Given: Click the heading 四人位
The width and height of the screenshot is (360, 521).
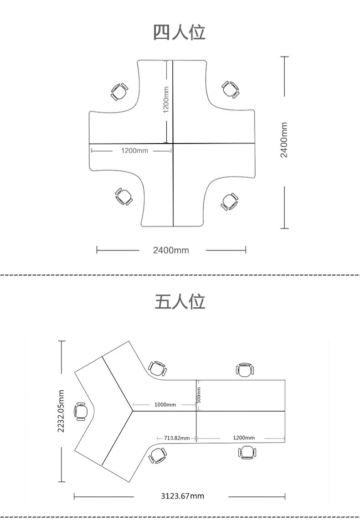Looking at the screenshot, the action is pyautogui.click(x=180, y=32).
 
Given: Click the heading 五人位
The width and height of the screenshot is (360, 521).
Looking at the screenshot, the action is pyautogui.click(x=180, y=302).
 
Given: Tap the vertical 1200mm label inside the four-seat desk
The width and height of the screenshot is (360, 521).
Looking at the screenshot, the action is pyautogui.click(x=166, y=100).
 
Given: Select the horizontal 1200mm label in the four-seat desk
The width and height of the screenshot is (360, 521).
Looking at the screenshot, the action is pyautogui.click(x=134, y=150).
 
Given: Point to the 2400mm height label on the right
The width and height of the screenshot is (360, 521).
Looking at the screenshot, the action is pyautogui.click(x=284, y=140).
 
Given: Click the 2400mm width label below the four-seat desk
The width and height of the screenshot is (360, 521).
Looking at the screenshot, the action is pyautogui.click(x=171, y=250).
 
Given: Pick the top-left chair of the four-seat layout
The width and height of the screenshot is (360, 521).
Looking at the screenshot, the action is pyautogui.click(x=119, y=92).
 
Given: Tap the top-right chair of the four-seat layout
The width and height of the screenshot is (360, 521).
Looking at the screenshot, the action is pyautogui.click(x=231, y=89).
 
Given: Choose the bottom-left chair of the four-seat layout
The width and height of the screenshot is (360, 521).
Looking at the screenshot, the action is pyautogui.click(x=124, y=196).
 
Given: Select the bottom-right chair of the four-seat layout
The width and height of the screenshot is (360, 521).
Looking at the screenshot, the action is pyautogui.click(x=230, y=201).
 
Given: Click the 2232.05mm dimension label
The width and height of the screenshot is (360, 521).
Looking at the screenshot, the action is pyautogui.click(x=61, y=411).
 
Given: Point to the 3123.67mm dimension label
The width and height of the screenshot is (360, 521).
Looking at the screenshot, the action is pyautogui.click(x=183, y=496).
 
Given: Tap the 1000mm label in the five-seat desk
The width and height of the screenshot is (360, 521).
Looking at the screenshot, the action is pyautogui.click(x=165, y=405).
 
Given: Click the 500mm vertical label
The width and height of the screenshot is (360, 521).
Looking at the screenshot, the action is pyautogui.click(x=199, y=395).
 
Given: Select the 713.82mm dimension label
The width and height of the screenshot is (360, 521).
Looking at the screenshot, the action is pyautogui.click(x=177, y=438).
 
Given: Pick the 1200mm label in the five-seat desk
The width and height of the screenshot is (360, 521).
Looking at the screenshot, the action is pyautogui.click(x=244, y=438).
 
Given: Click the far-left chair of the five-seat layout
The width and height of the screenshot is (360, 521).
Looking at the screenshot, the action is pyautogui.click(x=81, y=411).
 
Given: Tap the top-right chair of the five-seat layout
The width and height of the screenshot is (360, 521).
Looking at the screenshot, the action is pyautogui.click(x=246, y=370).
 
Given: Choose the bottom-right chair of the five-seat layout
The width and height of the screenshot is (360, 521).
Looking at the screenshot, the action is pyautogui.click(x=247, y=452).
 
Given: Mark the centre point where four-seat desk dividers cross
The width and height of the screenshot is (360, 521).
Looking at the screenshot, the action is pyautogui.click(x=173, y=144).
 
